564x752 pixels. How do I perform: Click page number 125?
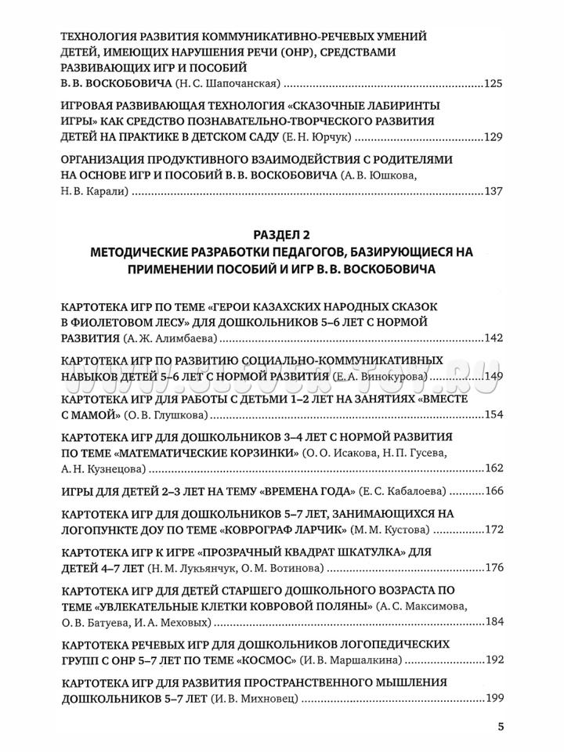(494, 85)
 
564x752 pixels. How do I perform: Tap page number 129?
(494, 138)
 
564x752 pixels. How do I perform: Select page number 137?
(494, 191)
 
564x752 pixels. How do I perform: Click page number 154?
(494, 414)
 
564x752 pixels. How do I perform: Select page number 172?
(494, 530)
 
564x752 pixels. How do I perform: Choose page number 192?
(494, 660)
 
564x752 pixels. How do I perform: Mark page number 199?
(494, 698)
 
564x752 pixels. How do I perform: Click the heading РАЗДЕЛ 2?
(282, 235)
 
